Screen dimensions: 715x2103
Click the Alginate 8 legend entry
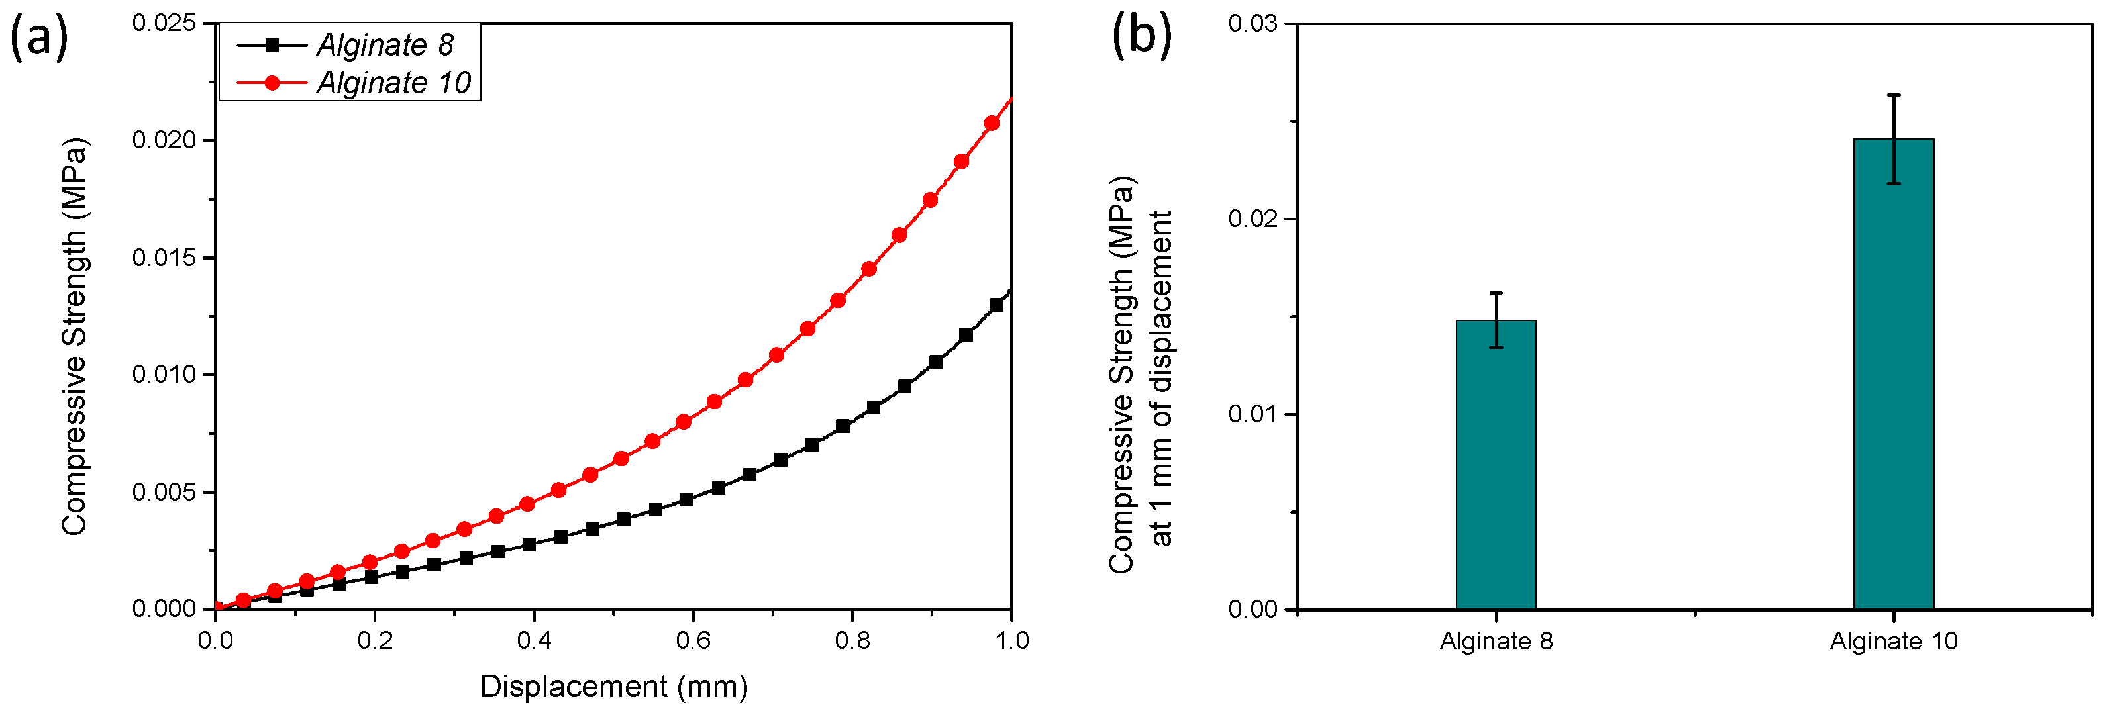coord(384,45)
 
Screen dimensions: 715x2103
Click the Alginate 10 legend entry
coord(393,83)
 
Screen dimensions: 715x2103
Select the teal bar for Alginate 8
coord(1496,465)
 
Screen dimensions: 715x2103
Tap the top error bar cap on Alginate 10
coord(1893,95)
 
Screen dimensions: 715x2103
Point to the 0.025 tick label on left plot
coord(164,23)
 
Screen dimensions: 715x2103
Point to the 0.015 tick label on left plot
coord(164,258)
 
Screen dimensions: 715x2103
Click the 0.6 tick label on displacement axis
coord(692,641)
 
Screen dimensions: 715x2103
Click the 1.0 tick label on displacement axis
coord(1011,641)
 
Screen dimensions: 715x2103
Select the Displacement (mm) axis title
coord(613,687)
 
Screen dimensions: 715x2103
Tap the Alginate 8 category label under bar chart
coord(1496,642)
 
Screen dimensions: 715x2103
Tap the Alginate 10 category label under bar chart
coord(1893,642)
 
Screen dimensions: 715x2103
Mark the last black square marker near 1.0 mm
coord(996,305)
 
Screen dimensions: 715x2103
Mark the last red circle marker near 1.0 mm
coord(991,123)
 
